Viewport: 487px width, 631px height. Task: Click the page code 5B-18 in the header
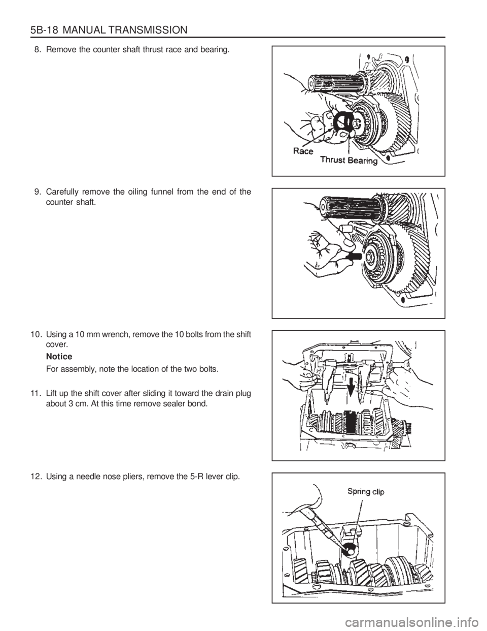coord(44,30)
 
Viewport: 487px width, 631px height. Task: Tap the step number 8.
coord(37,50)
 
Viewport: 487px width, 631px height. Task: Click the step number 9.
coord(37,192)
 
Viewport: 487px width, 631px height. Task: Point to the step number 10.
coord(36,334)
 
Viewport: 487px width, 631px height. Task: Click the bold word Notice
coord(59,356)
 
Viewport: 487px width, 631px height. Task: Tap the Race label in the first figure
coord(303,151)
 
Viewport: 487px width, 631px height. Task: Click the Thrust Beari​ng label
coord(349,161)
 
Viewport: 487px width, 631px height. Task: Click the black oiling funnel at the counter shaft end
coord(354,257)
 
